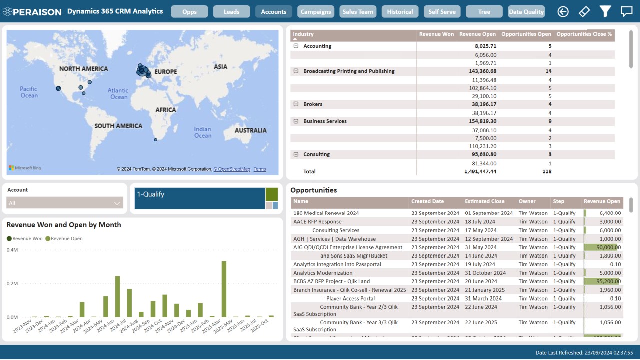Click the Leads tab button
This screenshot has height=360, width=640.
[231, 12]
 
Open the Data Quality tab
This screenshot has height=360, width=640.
[526, 12]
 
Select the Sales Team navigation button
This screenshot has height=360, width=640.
[358, 12]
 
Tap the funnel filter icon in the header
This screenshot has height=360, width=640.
[605, 11]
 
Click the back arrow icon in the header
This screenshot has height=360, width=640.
[563, 11]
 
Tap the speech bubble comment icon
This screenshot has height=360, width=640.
[626, 11]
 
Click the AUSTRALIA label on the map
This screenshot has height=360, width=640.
[250, 130]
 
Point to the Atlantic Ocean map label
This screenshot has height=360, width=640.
[118, 93]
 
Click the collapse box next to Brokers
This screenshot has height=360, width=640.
[296, 104]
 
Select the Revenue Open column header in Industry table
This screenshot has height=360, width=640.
[477, 34]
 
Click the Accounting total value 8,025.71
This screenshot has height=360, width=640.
[485, 46]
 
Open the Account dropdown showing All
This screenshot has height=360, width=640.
[64, 203]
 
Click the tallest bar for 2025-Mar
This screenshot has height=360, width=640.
[224, 289]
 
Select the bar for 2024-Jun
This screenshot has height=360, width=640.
[117, 296]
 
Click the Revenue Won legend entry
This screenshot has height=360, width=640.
[25, 239]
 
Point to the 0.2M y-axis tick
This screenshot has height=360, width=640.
[12, 283]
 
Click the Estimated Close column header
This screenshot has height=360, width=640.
[484, 202]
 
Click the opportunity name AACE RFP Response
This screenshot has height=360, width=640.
[317, 222]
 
